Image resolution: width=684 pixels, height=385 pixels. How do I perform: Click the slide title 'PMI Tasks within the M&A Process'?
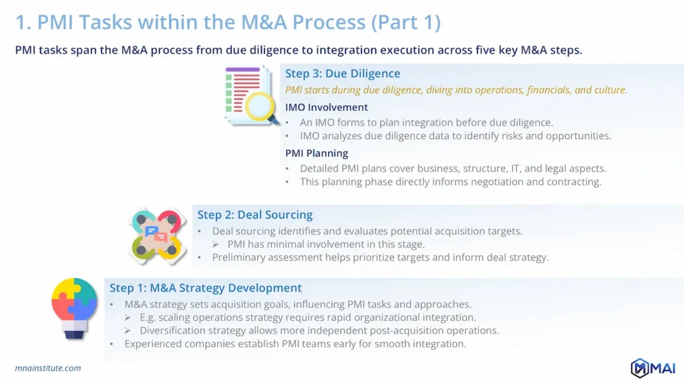tap(227, 22)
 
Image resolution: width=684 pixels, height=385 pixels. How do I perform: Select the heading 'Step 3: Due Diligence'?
tap(343, 74)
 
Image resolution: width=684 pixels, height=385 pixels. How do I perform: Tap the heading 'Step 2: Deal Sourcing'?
tap(254, 215)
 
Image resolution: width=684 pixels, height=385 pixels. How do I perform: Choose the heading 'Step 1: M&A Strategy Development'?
tap(206, 288)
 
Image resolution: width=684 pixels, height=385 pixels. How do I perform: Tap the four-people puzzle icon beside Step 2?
tap(156, 235)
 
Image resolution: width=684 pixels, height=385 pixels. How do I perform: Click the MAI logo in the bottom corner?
tap(653, 368)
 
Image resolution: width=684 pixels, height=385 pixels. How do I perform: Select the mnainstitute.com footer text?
tap(48, 368)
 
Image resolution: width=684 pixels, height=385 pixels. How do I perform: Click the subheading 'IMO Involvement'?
tap(327, 107)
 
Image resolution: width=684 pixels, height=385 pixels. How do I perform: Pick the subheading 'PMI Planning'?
tap(317, 153)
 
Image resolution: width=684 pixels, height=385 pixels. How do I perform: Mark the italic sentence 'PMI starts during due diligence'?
tap(456, 90)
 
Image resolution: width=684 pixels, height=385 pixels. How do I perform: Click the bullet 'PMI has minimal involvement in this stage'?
tap(326, 244)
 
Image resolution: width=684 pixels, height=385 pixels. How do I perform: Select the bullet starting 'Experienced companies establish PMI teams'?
tap(295, 344)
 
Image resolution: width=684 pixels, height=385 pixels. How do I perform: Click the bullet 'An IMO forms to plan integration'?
tap(426, 122)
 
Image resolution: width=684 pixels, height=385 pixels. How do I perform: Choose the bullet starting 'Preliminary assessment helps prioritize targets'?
tap(380, 257)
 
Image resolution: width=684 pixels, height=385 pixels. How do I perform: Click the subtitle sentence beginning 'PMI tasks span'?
tap(299, 50)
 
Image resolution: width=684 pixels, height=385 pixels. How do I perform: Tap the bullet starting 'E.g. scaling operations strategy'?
tap(307, 317)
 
